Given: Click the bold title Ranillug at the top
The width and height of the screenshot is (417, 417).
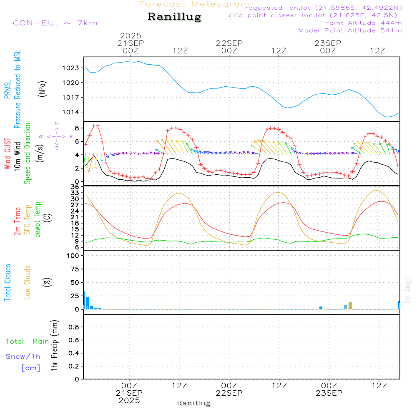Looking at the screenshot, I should [x=174, y=17].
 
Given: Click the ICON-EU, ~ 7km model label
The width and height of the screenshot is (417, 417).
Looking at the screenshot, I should [x=54, y=23].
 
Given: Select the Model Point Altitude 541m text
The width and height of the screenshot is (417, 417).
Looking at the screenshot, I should [x=350, y=30].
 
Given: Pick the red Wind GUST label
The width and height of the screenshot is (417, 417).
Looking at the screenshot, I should [x=8, y=154].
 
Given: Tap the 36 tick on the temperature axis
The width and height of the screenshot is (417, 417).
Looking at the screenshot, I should [x=75, y=187].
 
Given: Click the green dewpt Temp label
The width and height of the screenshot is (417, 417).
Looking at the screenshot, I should [x=38, y=220].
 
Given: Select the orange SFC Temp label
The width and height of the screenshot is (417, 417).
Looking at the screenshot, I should [x=28, y=220].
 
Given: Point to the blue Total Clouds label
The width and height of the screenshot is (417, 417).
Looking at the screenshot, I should [x=8, y=282].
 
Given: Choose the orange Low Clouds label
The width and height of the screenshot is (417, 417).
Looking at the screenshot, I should [x=28, y=282].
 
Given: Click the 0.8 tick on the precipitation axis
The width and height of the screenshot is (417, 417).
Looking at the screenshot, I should [x=74, y=327].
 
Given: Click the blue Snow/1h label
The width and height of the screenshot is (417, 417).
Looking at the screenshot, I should [x=23, y=357].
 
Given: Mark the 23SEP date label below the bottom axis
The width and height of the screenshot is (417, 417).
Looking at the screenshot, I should [x=328, y=393].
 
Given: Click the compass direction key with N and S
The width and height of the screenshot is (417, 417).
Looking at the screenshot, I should [x=57, y=136].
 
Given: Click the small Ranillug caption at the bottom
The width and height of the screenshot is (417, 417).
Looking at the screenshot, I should [x=193, y=403].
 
